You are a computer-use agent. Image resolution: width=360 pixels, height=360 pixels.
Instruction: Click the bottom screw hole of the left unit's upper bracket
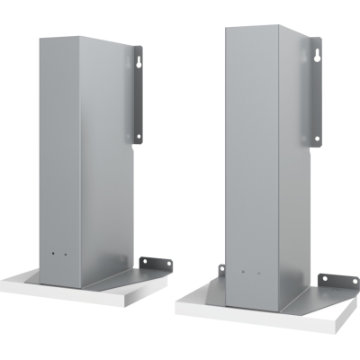tap(138, 136)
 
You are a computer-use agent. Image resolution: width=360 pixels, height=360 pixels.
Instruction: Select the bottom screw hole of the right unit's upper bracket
tap(316, 139)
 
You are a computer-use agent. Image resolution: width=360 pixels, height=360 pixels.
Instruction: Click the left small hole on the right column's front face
tap(243, 270)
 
